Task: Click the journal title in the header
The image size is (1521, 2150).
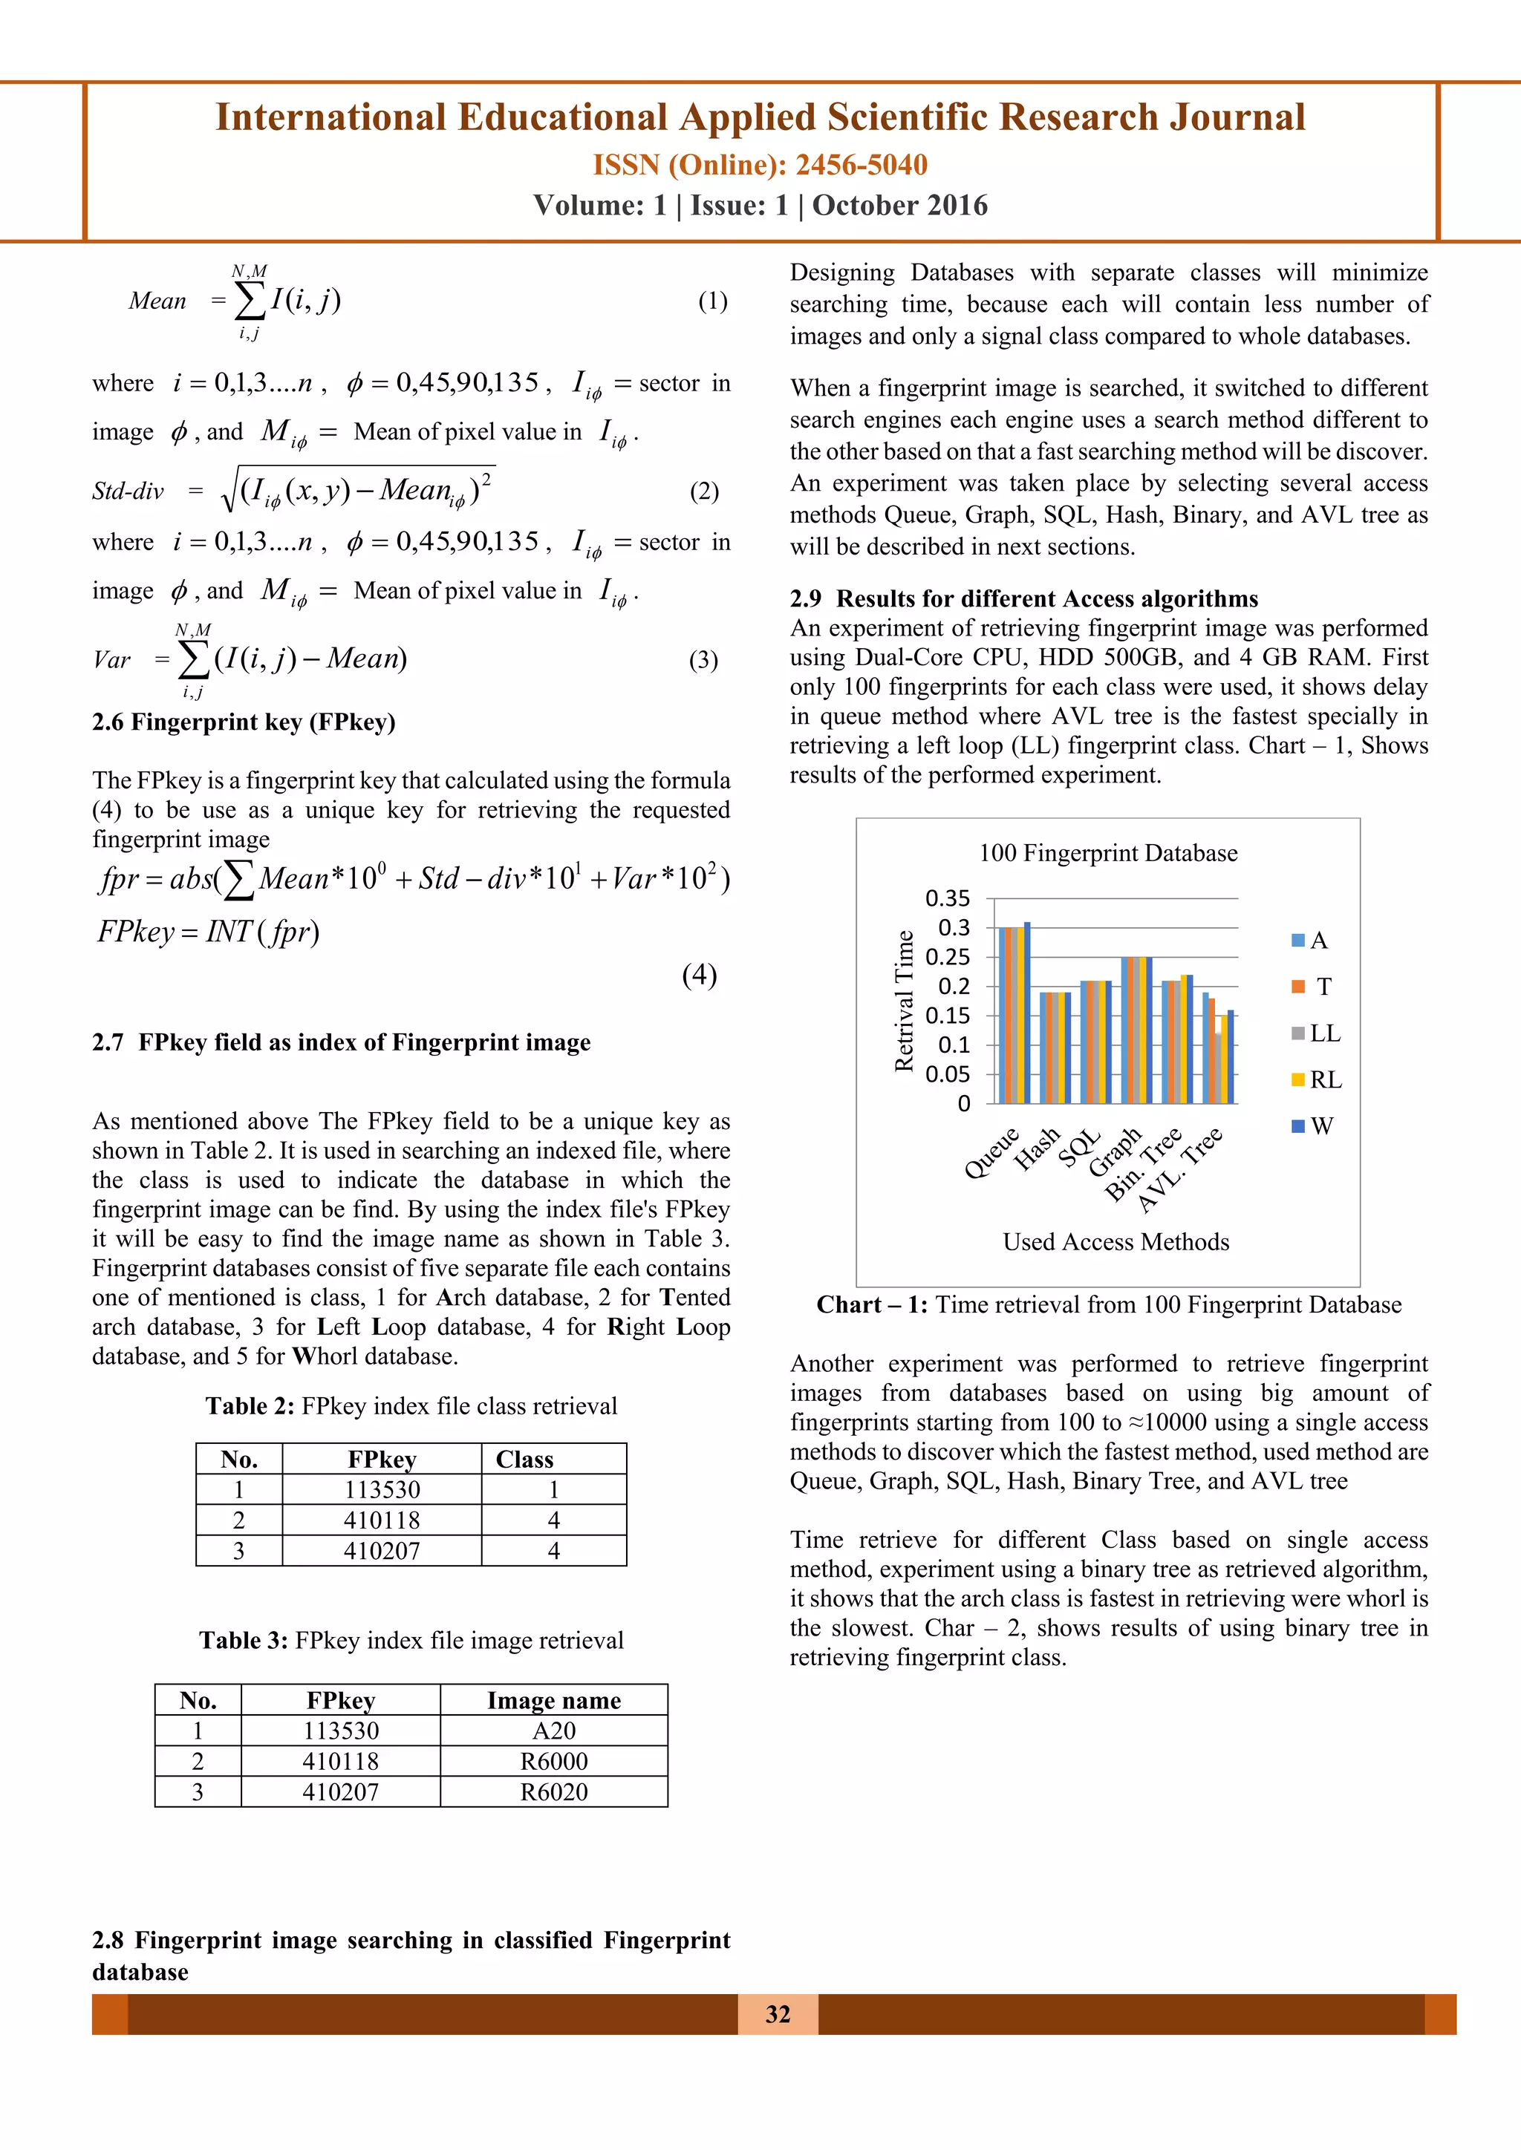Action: [760, 118]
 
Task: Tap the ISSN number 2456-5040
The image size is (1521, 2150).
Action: [861, 165]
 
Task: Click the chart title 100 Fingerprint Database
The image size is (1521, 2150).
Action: [1108, 853]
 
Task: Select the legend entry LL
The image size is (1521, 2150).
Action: [1324, 1033]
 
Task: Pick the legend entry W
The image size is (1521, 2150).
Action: [1320, 1126]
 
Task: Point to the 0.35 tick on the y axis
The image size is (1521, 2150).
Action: [947, 898]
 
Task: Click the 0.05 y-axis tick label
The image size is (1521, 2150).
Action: [947, 1074]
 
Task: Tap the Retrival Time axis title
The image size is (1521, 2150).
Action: [904, 1000]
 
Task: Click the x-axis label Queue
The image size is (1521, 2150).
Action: [991, 1153]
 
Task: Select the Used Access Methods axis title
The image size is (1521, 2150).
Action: [1115, 1242]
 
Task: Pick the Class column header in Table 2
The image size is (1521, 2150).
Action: [524, 1460]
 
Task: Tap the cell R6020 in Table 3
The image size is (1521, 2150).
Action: [553, 1792]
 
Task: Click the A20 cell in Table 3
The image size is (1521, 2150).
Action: [553, 1731]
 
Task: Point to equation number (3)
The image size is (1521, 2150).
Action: [703, 660]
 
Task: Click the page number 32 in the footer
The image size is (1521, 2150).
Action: [778, 2014]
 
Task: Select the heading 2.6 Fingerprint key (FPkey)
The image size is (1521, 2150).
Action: [244, 722]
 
